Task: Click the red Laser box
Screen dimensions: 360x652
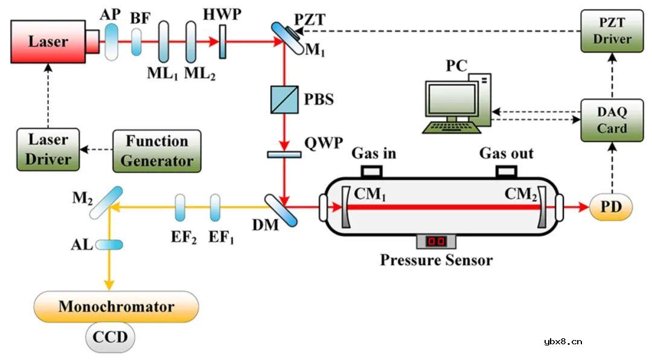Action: (x=48, y=42)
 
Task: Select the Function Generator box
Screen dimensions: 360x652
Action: (x=156, y=150)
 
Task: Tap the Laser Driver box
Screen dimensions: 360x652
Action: (x=48, y=149)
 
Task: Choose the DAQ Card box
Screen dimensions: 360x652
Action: (x=612, y=120)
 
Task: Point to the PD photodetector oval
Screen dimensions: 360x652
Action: (x=611, y=207)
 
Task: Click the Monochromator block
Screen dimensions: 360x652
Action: (x=117, y=306)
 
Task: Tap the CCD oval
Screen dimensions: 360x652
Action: (x=110, y=337)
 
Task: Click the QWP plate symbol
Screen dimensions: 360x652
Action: (x=284, y=155)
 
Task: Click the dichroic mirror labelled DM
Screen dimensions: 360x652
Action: (x=282, y=209)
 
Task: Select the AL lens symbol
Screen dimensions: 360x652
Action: (x=109, y=245)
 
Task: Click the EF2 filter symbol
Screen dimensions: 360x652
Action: (x=180, y=207)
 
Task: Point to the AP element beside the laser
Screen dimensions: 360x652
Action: (x=112, y=42)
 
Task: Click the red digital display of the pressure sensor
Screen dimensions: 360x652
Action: (x=436, y=242)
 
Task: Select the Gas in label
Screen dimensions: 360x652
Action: (x=374, y=153)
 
